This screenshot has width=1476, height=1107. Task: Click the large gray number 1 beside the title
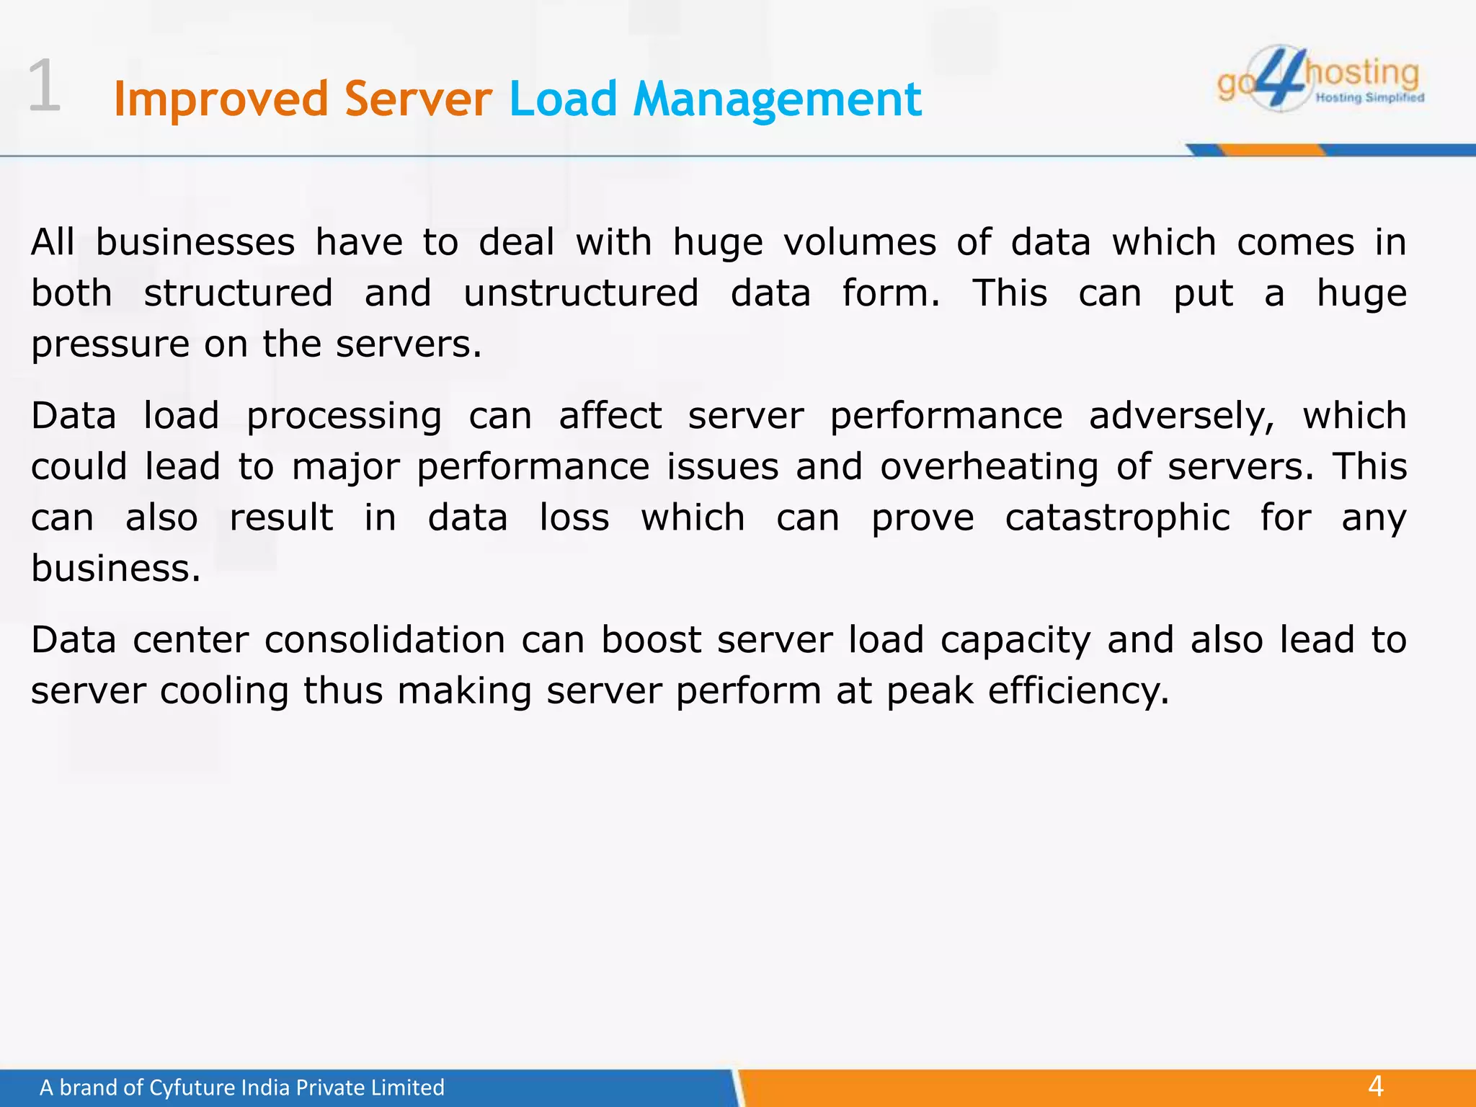pyautogui.click(x=45, y=86)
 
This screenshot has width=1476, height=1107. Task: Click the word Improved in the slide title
pyautogui.click(x=220, y=99)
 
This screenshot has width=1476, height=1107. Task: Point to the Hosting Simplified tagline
pyautogui.click(x=1369, y=98)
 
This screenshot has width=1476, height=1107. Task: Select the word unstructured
pyautogui.click(x=581, y=293)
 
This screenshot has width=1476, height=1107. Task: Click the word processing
pyautogui.click(x=344, y=417)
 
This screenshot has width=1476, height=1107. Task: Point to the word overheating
pyautogui.click(x=990, y=467)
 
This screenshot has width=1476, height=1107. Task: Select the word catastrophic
pyautogui.click(x=1117, y=518)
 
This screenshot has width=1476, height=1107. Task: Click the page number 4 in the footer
pyautogui.click(x=1376, y=1086)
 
